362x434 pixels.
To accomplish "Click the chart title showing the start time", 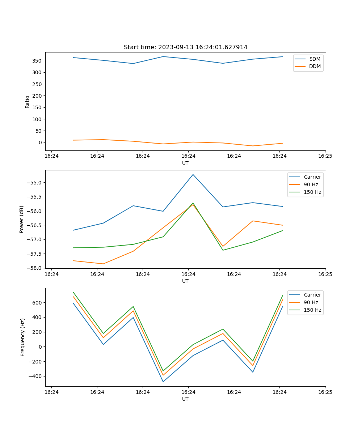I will (185, 47).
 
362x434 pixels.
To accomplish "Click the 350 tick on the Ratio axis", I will (38, 61).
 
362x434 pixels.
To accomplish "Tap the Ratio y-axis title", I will (28, 102).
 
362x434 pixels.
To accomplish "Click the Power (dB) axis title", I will (22, 219).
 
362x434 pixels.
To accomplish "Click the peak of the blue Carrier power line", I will (193, 175).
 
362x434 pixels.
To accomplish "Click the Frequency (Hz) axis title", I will (23, 337).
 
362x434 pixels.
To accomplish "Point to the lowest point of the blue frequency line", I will (163, 382).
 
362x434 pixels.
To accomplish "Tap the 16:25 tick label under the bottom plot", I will (325, 392).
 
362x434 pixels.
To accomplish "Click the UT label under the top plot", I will (185, 163).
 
